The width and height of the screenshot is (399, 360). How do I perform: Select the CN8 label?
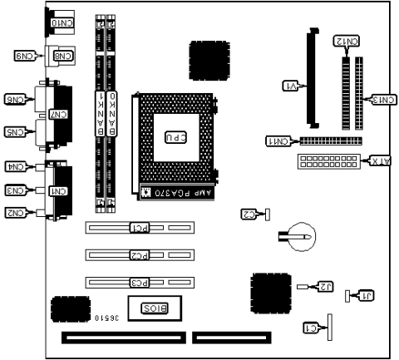(63, 57)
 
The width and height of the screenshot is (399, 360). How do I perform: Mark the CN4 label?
(15, 166)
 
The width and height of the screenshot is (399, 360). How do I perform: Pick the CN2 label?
(15, 213)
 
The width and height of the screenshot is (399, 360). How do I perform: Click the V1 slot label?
(292, 85)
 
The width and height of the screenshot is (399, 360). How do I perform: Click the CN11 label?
(279, 141)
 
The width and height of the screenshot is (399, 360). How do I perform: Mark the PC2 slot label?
(140, 254)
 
